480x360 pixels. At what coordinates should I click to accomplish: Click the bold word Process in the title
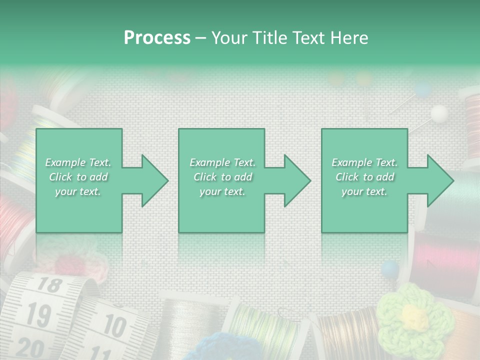pyautogui.click(x=157, y=38)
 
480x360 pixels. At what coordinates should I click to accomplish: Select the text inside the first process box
pyautogui.click(x=78, y=177)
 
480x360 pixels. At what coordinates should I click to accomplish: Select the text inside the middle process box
pyautogui.click(x=222, y=177)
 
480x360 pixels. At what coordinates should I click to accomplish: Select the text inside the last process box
pyautogui.click(x=364, y=177)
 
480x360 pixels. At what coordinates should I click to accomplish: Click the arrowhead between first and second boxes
pyautogui.click(x=152, y=180)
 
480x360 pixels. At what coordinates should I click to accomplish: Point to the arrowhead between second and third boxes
pyautogui.click(x=295, y=180)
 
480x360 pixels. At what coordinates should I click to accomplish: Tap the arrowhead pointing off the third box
pyautogui.click(x=438, y=180)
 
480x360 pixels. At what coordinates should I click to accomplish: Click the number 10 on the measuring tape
pyautogui.click(x=114, y=326)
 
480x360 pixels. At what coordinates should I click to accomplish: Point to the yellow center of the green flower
pyautogui.click(x=413, y=315)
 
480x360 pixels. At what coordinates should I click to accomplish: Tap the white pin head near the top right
pyautogui.click(x=439, y=113)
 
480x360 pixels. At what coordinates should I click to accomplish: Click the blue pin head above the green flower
pyautogui.click(x=389, y=269)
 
